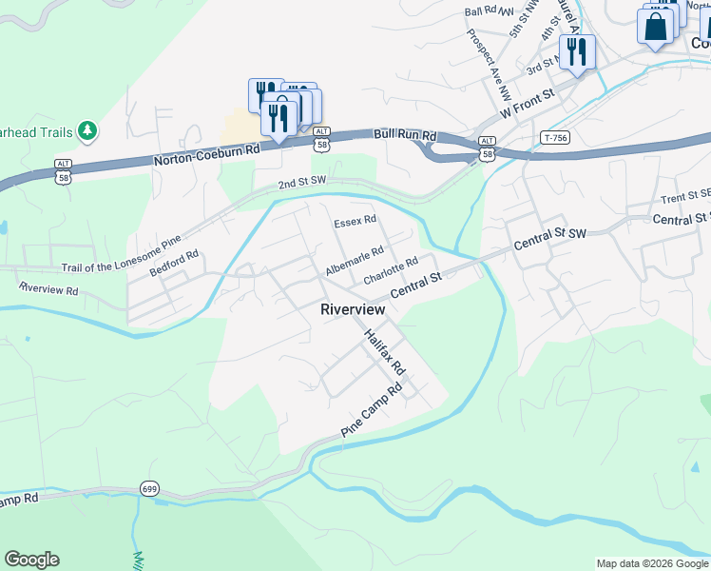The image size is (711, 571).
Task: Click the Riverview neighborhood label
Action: [x=353, y=309]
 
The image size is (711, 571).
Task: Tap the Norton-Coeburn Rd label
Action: [x=207, y=157]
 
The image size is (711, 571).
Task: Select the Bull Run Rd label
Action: [x=404, y=136]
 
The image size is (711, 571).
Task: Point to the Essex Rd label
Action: [x=355, y=221]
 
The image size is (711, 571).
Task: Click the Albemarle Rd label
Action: [x=354, y=260]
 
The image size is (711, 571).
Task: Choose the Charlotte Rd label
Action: [x=391, y=272]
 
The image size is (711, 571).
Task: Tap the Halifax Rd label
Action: [x=385, y=352]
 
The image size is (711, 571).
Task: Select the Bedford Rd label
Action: [x=174, y=264]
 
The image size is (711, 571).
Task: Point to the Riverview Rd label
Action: [x=48, y=287]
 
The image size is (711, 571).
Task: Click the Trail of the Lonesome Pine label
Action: [x=121, y=253]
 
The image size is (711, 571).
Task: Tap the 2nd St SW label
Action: [x=302, y=183]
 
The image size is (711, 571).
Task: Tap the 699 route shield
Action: [x=149, y=488]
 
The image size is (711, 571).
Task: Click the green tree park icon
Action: [x=87, y=129]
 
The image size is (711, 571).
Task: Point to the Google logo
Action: [x=31, y=560]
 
